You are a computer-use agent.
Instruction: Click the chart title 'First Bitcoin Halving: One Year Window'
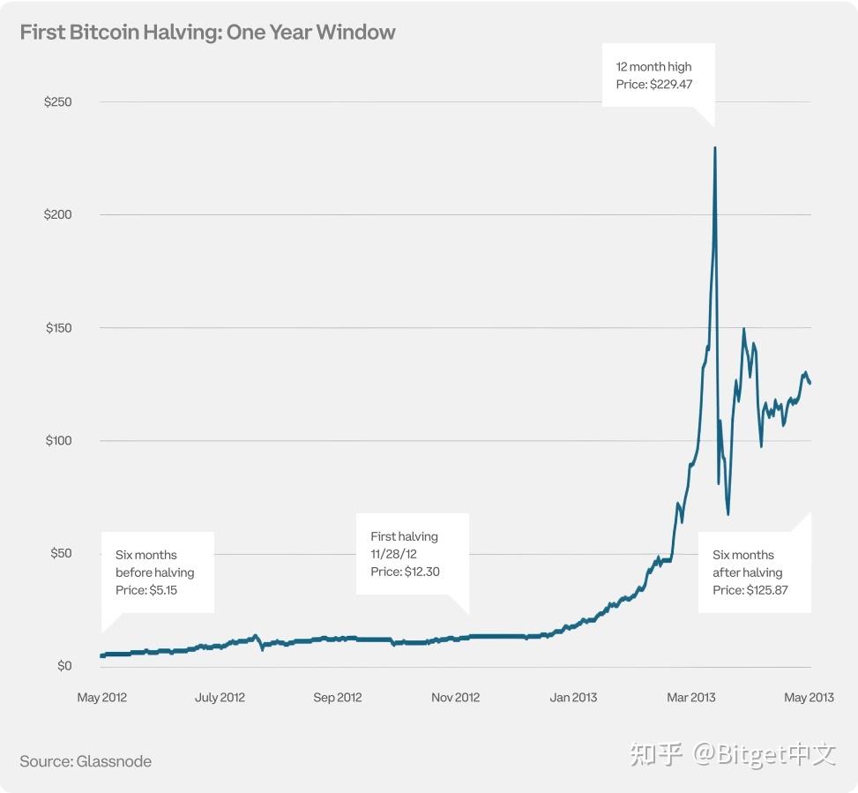pos(207,33)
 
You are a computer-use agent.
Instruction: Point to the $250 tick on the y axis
pos(58,102)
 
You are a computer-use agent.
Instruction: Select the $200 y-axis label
pos(58,215)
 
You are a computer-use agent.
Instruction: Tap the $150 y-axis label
pos(58,328)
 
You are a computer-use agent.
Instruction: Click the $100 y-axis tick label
pos(58,441)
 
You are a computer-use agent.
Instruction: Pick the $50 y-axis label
pos(60,554)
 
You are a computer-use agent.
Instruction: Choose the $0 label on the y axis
pos(63,666)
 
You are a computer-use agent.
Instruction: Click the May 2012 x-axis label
pos(102,698)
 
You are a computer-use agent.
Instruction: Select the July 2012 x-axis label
pos(220,698)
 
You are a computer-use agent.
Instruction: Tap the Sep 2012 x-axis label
pos(338,698)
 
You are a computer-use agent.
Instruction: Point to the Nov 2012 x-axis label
pos(456,698)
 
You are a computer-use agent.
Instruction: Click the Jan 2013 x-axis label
pos(573,698)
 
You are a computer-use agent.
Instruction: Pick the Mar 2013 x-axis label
pos(691,698)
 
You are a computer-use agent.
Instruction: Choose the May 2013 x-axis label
pos(809,698)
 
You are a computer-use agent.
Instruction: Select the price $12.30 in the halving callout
pos(420,572)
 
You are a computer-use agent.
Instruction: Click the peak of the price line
pos(714,148)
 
